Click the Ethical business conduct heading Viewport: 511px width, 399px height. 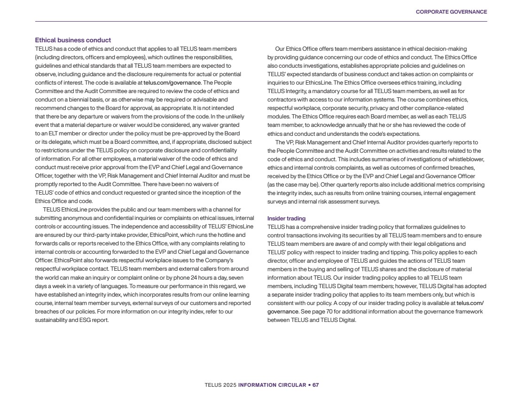[x=73, y=40]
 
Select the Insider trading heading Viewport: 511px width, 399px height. [x=286, y=219]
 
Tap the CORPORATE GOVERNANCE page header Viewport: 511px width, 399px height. [x=451, y=12]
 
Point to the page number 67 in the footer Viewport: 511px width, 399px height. [x=315, y=385]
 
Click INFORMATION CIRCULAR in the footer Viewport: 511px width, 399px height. [x=272, y=385]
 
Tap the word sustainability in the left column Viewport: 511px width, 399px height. [x=51, y=320]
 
